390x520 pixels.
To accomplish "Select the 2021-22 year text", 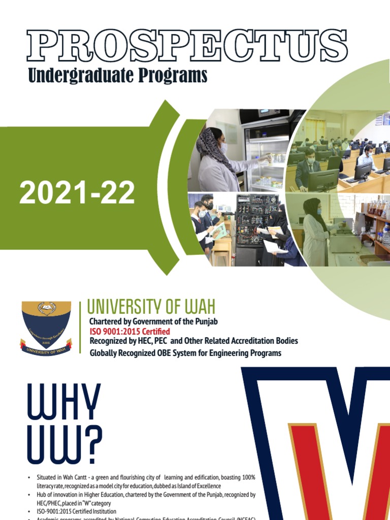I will point(77,193).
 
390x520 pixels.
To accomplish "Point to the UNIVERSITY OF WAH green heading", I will point(151,306).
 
